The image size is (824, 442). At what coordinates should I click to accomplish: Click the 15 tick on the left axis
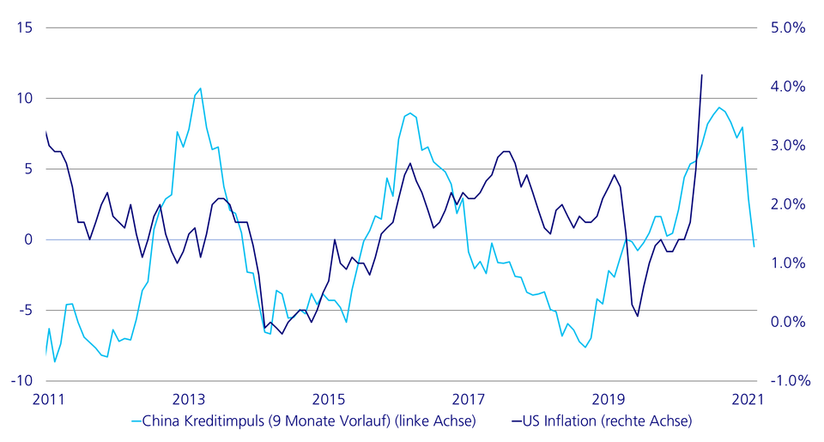tap(24, 27)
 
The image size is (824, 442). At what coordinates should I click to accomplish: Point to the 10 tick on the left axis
tap(24, 98)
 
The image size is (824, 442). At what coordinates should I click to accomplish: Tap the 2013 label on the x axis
tap(188, 398)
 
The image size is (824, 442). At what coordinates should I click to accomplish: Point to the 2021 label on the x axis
tap(748, 398)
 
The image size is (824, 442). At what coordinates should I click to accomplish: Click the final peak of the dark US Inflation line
tap(702, 75)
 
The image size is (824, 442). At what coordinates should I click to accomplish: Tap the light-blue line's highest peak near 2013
tap(200, 88)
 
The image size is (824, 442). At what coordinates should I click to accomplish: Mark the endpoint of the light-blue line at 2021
tap(754, 247)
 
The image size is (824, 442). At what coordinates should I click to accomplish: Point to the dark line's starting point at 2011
tap(45, 131)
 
